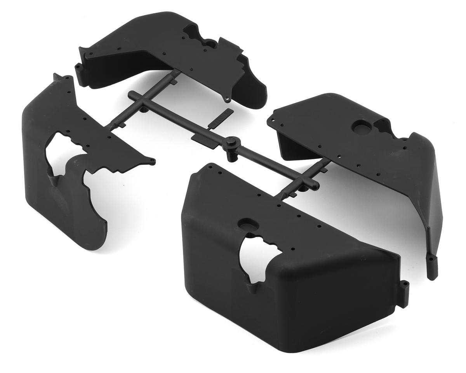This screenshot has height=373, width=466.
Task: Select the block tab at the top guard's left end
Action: (80, 71)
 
